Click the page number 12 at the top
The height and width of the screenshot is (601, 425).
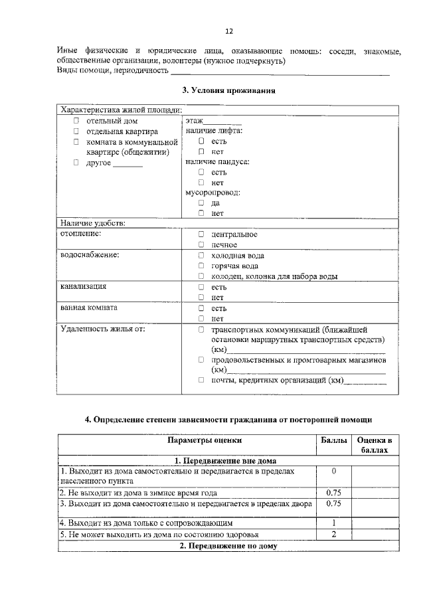click(229, 31)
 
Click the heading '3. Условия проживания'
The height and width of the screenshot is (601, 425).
click(228, 90)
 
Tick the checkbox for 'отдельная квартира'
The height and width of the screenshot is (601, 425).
click(76, 131)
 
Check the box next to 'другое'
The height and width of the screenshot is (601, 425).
click(76, 163)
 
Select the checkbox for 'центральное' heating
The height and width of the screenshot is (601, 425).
click(201, 234)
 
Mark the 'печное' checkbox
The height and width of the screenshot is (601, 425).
click(201, 245)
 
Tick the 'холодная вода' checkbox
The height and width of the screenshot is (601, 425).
click(201, 256)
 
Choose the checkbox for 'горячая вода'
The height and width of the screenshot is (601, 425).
click(201, 266)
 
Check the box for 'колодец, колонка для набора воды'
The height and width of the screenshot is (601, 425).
click(201, 276)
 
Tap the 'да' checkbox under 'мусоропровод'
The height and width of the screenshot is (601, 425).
click(201, 203)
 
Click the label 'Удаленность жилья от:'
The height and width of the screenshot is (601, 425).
click(102, 329)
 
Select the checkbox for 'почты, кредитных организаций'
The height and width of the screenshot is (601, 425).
click(201, 381)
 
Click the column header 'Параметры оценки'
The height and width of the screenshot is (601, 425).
click(205, 440)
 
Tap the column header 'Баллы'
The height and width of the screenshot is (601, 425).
click(333, 440)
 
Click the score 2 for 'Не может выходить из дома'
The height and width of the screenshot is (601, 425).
click(333, 535)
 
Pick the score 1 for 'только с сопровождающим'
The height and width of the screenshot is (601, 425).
click(333, 523)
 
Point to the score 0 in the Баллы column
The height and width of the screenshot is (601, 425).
click(333, 471)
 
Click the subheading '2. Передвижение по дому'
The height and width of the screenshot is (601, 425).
click(228, 546)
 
